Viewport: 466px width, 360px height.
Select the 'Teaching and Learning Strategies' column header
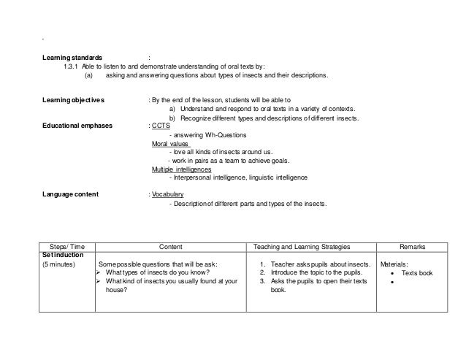click(x=313, y=247)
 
